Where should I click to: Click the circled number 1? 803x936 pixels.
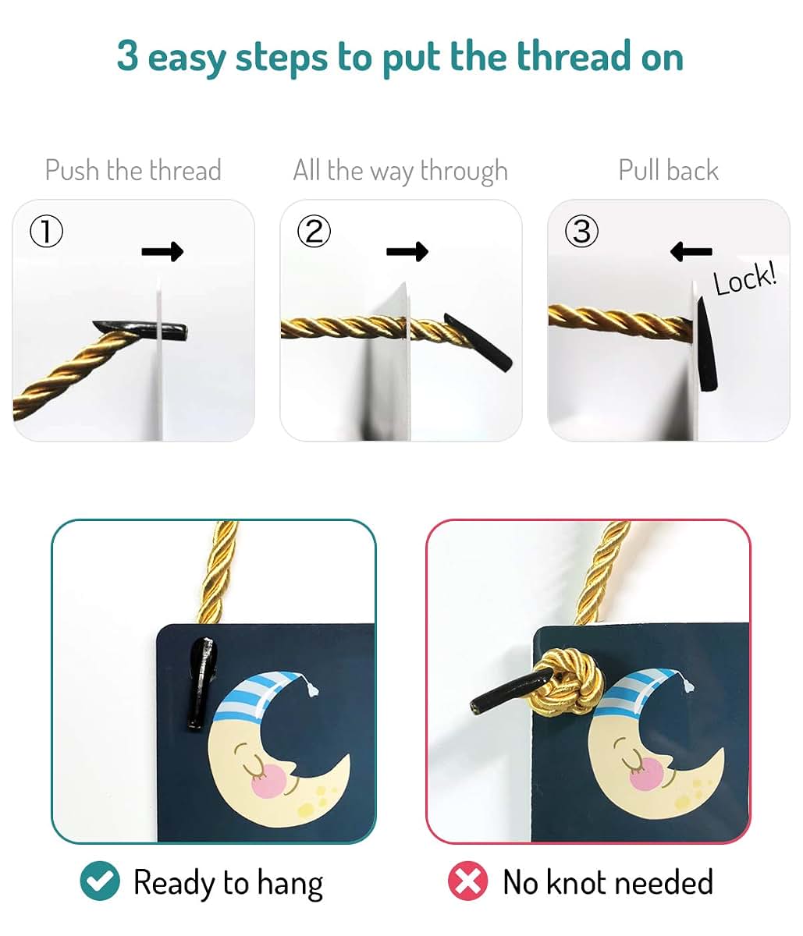46,231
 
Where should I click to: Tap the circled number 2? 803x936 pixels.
314,231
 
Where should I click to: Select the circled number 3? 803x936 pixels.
581,231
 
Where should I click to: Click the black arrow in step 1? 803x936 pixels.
162,251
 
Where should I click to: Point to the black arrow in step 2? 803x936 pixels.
407,251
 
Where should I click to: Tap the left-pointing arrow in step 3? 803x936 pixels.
691,251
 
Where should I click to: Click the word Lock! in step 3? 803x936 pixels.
745,279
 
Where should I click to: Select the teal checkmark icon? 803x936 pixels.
100,881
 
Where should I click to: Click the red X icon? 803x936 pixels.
468,881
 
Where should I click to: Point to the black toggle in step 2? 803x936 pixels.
478,342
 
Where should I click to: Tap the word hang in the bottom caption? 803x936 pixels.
290,885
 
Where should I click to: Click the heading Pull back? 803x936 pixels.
669,170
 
